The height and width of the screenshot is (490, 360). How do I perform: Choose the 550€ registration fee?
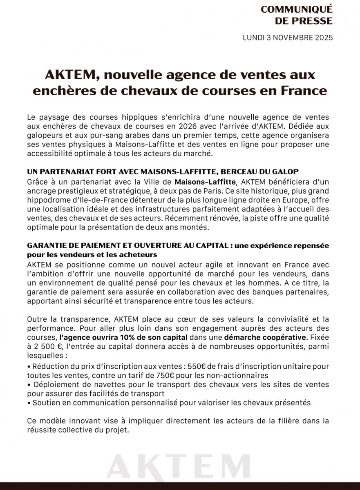(x=197, y=366)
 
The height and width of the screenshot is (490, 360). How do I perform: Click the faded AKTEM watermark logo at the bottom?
(x=180, y=465)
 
